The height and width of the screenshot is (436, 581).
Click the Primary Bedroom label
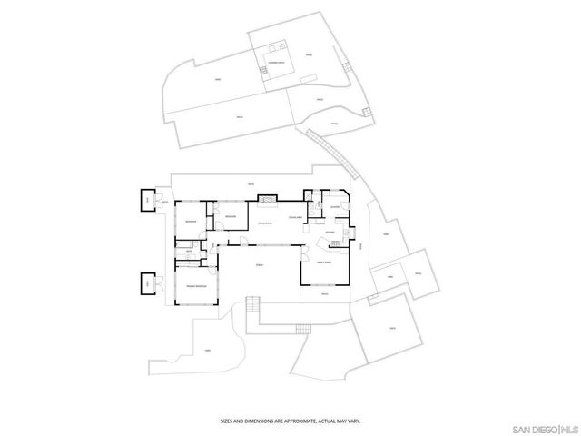[x=197, y=286]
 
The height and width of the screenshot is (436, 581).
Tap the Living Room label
[x=265, y=223]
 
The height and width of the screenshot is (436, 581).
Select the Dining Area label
[x=295, y=219]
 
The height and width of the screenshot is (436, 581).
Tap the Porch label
[x=260, y=264]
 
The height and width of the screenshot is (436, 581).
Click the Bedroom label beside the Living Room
[x=231, y=216]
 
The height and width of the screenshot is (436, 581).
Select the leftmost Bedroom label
[x=192, y=222]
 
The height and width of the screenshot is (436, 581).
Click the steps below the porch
[x=253, y=308]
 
